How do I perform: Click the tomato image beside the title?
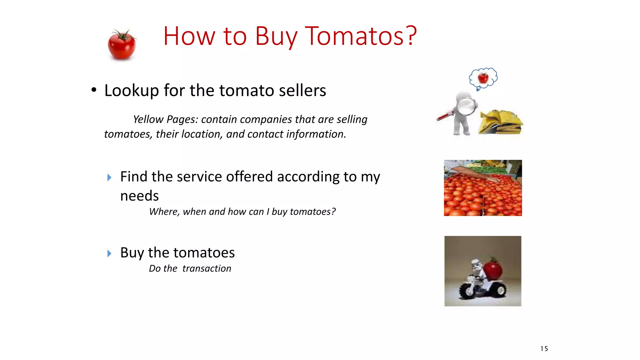click(x=122, y=45)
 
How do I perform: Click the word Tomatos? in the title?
click(x=361, y=36)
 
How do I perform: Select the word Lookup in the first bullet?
click(x=131, y=91)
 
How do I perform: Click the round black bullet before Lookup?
click(x=94, y=90)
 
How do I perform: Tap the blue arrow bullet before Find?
click(x=109, y=177)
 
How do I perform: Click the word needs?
click(x=139, y=196)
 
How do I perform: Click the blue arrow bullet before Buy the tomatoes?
click(x=109, y=253)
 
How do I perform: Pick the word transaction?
click(x=207, y=268)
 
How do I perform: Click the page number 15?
click(x=544, y=349)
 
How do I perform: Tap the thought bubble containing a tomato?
click(x=483, y=77)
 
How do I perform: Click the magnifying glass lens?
click(x=467, y=106)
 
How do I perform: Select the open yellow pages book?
click(x=501, y=122)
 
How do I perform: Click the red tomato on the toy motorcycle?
click(x=493, y=270)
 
